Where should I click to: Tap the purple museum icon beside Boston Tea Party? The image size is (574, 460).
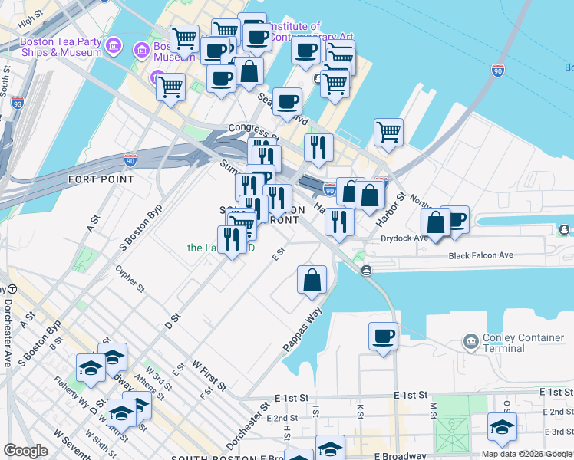114,46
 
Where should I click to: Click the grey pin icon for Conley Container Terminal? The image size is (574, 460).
470,340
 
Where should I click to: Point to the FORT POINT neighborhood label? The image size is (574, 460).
101,179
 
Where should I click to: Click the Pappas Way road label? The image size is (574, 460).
302,330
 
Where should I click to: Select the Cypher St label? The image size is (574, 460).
129,279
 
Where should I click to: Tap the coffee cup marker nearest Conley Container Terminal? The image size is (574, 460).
383,335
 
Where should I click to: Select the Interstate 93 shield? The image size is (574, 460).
18,101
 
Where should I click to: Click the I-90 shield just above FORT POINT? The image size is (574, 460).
130,159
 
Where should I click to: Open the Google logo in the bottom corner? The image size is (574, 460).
25,451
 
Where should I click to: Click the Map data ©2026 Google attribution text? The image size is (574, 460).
526,454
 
